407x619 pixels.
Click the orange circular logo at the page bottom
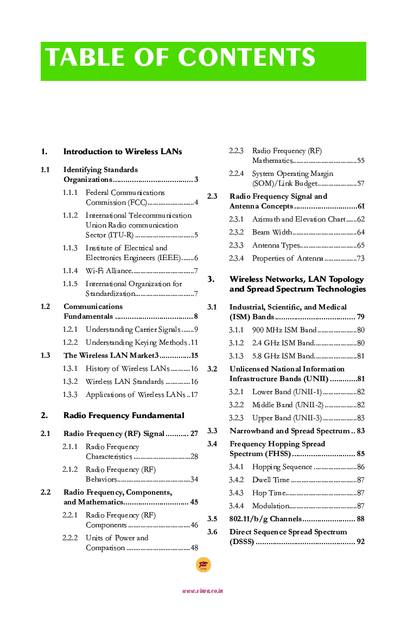pyautogui.click(x=203, y=565)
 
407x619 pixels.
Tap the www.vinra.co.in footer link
pyautogui.click(x=203, y=591)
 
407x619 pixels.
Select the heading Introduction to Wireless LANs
pyautogui.click(x=123, y=151)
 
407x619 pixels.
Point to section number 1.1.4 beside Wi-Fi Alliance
pyautogui.click(x=70, y=270)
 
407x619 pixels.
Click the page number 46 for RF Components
pyautogui.click(x=194, y=525)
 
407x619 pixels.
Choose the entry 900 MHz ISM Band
pyautogui.click(x=284, y=330)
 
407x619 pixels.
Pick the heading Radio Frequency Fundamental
pyautogui.click(x=124, y=415)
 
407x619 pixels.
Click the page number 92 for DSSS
pyautogui.click(x=360, y=541)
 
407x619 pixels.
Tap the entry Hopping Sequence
pyautogui.click(x=282, y=466)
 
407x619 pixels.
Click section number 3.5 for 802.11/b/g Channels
pyautogui.click(x=212, y=519)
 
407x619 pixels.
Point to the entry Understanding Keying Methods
pyautogui.click(x=136, y=342)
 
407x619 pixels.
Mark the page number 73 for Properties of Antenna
pyautogui.click(x=360, y=258)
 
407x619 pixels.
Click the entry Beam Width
pyautogui.click(x=272, y=232)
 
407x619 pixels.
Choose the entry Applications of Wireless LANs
pyautogui.click(x=135, y=394)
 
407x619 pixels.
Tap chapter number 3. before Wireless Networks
pyautogui.click(x=211, y=279)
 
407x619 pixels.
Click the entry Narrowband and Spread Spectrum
pyautogui.click(x=289, y=431)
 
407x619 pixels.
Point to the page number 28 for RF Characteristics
pyautogui.click(x=194, y=457)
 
